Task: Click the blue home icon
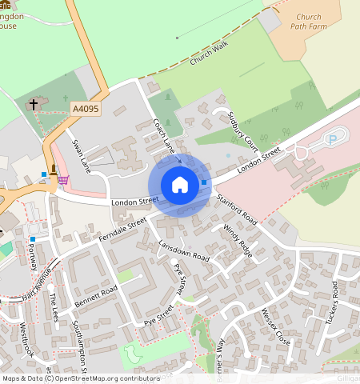[180, 186]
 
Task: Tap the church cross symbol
[34, 104]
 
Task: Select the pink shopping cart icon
[62, 180]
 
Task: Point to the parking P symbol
[332, 140]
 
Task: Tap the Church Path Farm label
[308, 22]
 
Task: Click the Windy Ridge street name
[238, 240]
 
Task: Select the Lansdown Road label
[183, 252]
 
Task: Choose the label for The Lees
[54, 307]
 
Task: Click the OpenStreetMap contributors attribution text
[108, 378]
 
